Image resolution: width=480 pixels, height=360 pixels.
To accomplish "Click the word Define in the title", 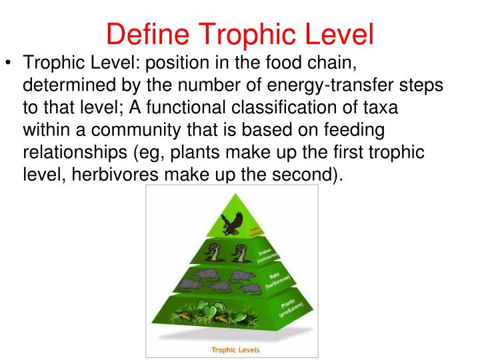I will (148, 34).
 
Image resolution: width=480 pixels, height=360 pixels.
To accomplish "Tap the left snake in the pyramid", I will (214, 251).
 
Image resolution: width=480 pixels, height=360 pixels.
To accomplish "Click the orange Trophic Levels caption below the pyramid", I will (235, 349).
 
